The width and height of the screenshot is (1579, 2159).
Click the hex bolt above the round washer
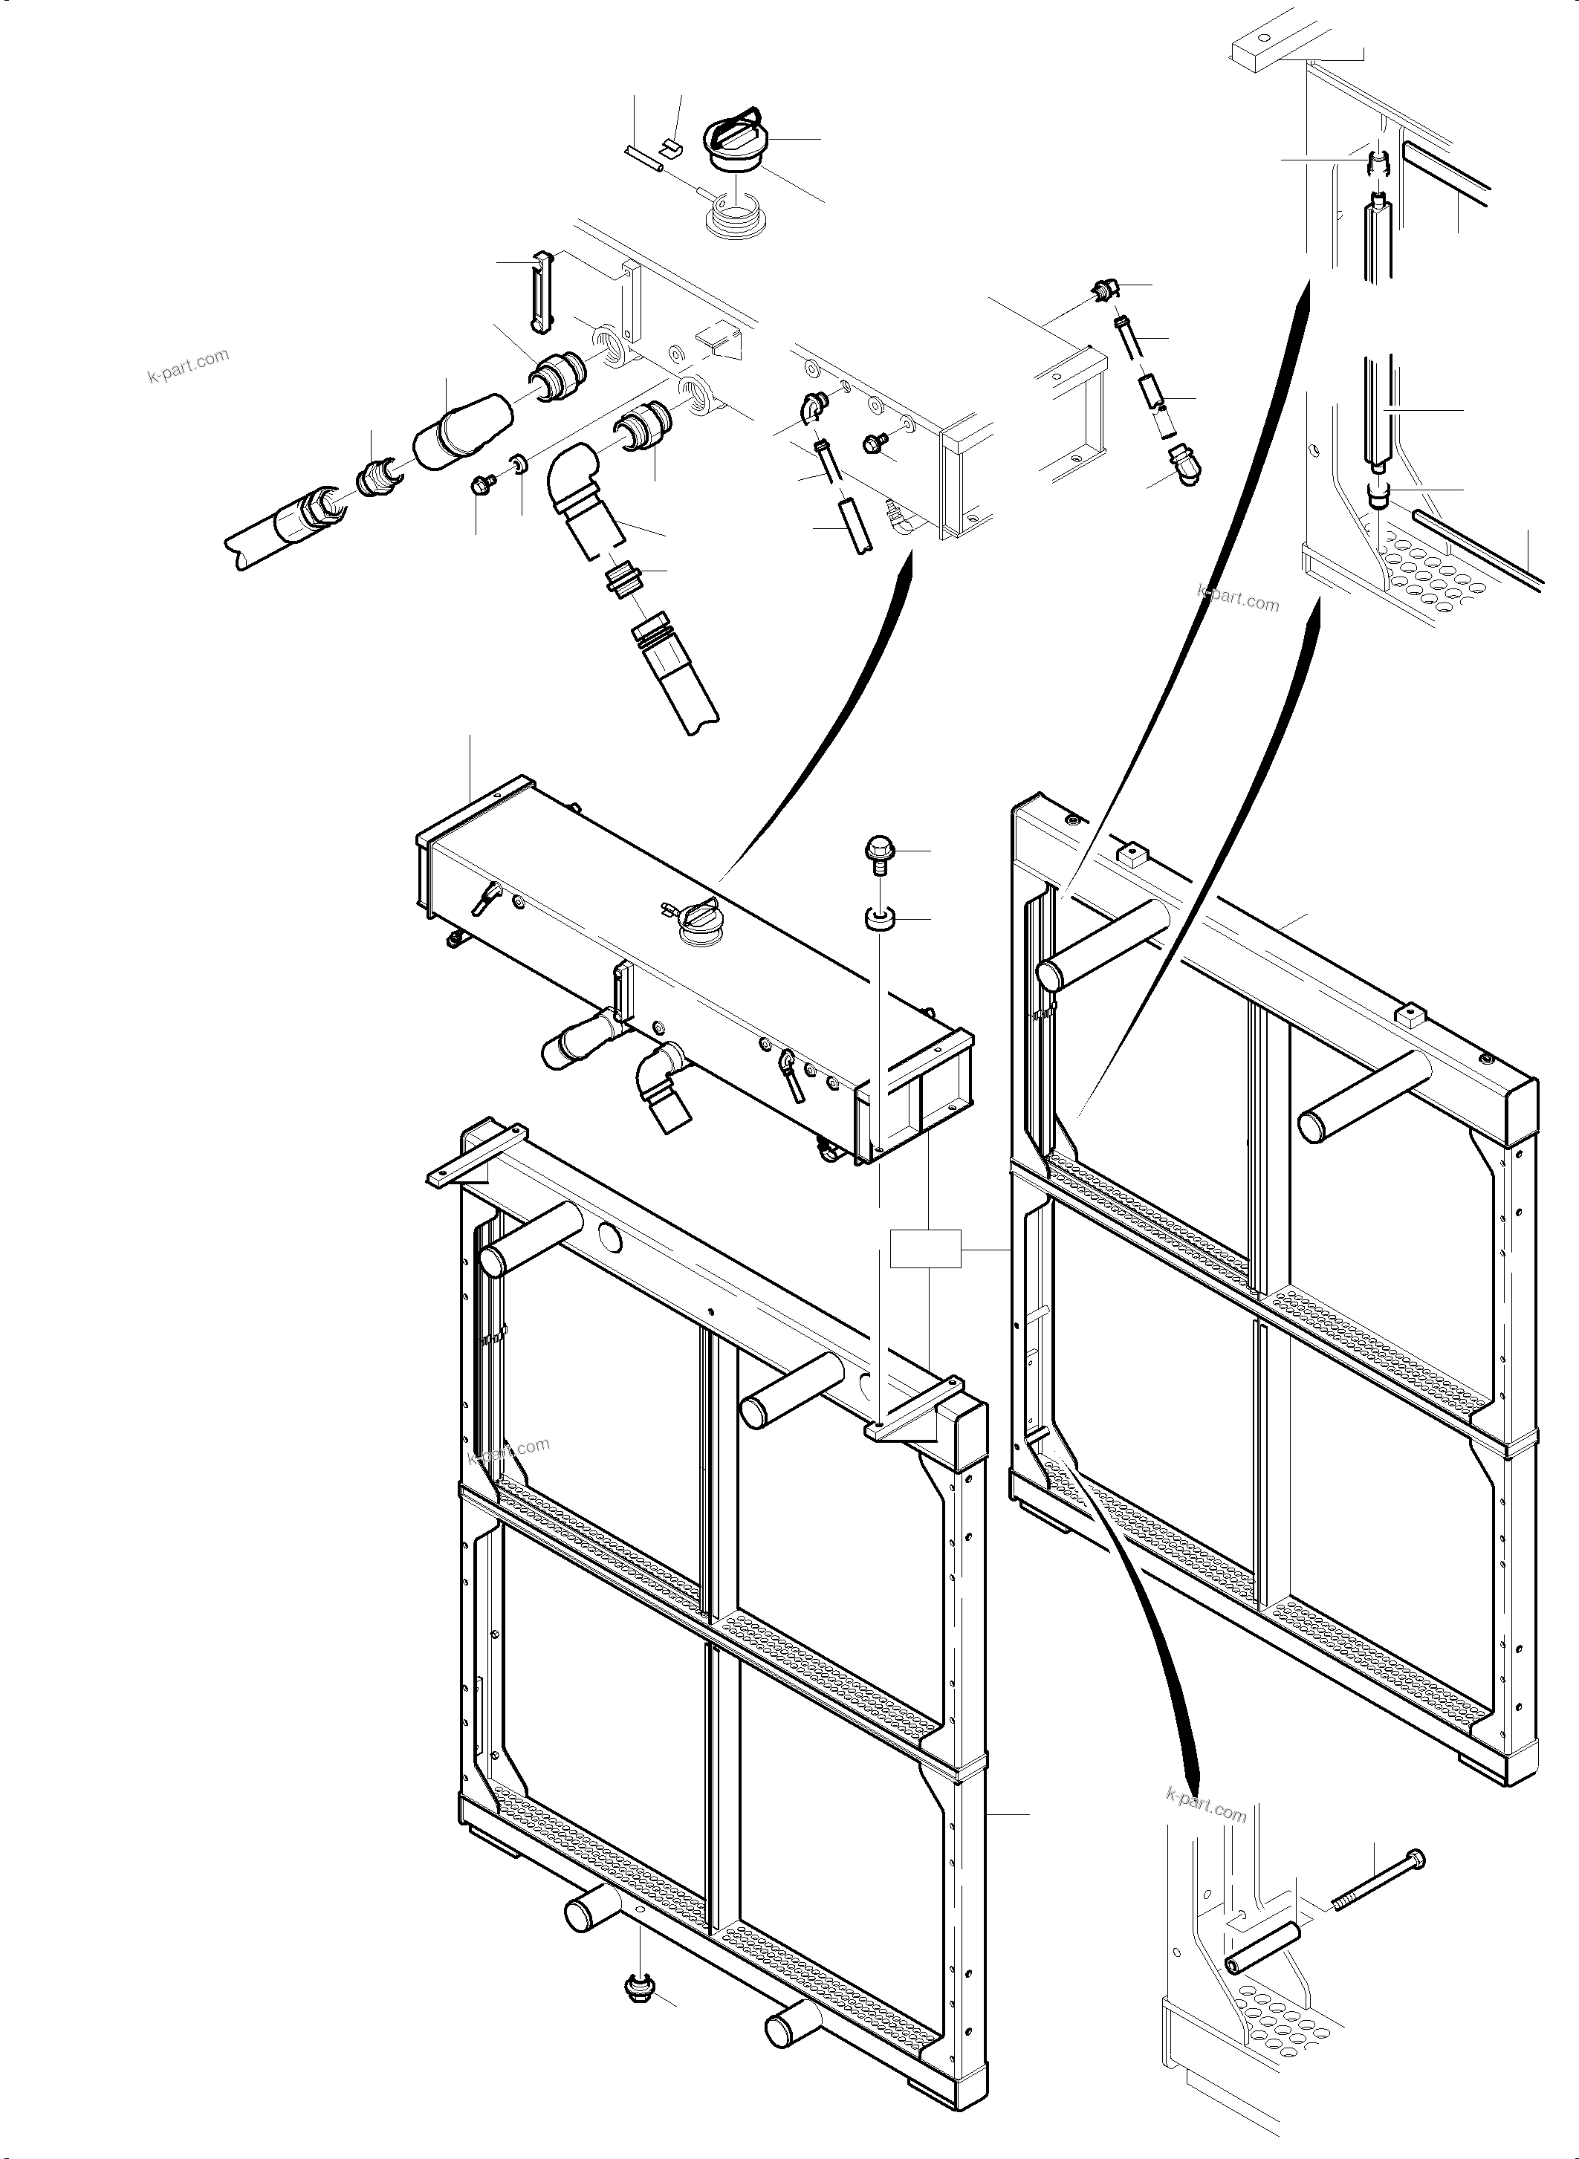878,851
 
